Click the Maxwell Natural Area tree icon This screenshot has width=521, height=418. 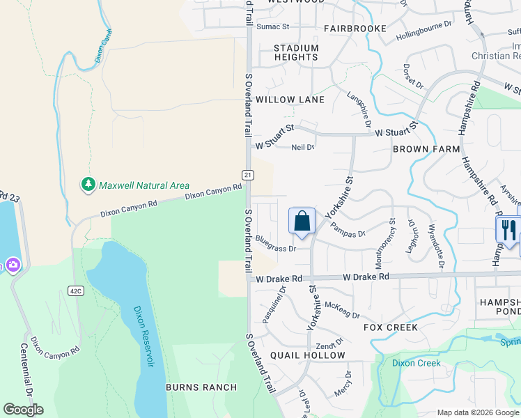click(88, 185)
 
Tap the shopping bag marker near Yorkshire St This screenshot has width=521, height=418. click(302, 222)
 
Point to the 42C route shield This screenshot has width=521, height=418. click(76, 291)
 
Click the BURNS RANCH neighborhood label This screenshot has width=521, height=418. click(201, 387)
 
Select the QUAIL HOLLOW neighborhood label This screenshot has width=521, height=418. click(308, 355)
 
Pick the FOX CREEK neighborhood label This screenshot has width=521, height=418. click(391, 327)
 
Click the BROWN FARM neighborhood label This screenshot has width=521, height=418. click(426, 149)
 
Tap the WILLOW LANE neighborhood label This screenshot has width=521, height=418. click(290, 100)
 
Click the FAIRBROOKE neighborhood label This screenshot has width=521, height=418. click(355, 29)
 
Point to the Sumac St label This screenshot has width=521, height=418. click(272, 26)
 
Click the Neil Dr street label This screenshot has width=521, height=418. click(303, 147)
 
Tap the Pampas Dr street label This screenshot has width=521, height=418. click(348, 229)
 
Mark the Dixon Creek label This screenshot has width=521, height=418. click(417, 363)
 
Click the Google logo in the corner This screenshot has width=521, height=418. click(23, 410)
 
